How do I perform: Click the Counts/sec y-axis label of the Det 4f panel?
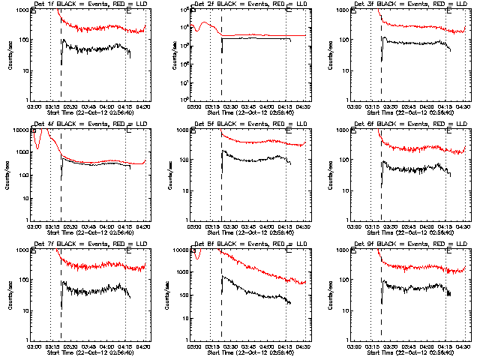tap(10, 175)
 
